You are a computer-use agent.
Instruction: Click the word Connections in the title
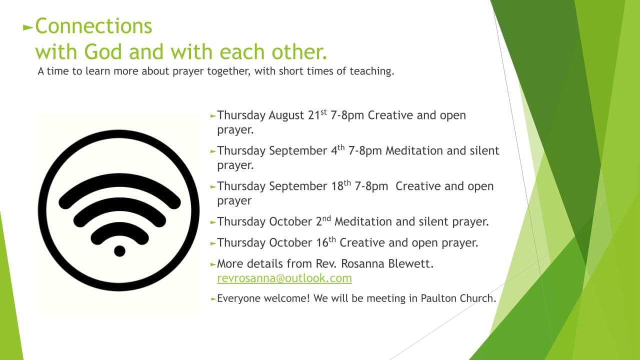click(x=93, y=26)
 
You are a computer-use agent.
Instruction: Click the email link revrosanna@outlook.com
click(x=284, y=278)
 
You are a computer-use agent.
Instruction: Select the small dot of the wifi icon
click(x=119, y=251)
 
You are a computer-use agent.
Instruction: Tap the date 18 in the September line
click(x=337, y=186)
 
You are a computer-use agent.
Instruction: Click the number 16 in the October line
click(x=322, y=242)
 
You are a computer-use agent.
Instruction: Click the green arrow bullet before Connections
click(x=28, y=27)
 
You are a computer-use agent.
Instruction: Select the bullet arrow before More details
click(x=213, y=264)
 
